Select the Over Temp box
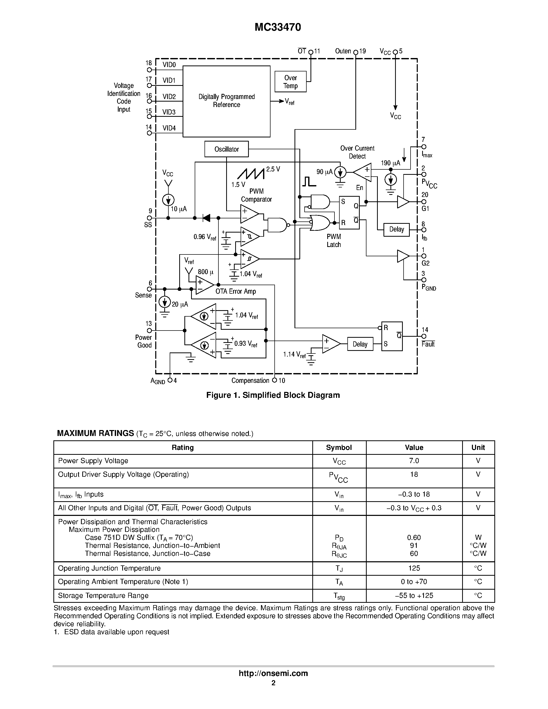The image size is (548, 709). click(290, 82)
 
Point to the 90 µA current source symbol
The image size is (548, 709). click(340, 172)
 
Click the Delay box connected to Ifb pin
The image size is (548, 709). click(396, 229)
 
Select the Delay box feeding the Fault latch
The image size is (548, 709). click(360, 344)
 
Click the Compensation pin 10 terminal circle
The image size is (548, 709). click(274, 380)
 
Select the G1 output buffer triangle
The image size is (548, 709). click(403, 202)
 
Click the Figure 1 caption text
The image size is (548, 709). click(273, 395)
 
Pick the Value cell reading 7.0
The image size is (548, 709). click(414, 461)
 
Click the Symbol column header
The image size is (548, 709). click(339, 447)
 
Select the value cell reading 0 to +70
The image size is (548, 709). click(414, 581)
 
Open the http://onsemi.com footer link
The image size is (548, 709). click(273, 673)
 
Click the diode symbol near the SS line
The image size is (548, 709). click(206, 218)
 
